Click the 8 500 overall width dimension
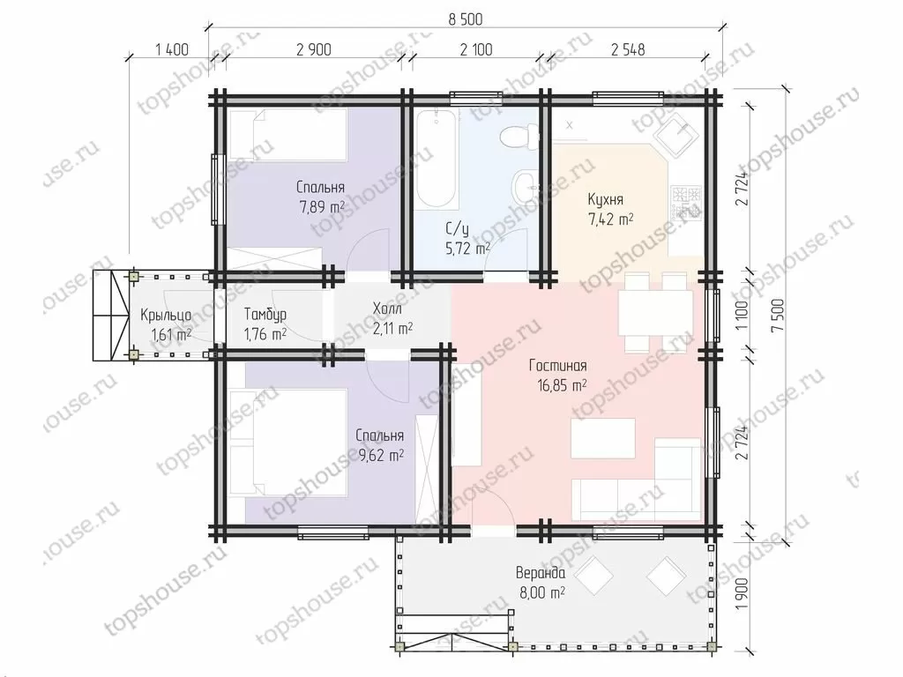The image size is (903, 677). pyautogui.click(x=466, y=19)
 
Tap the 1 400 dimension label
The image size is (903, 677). pyautogui.click(x=172, y=49)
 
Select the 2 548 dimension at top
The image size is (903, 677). pyautogui.click(x=628, y=49)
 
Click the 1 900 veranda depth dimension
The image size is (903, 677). pyautogui.click(x=743, y=595)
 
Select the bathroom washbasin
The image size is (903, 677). pyautogui.click(x=526, y=185)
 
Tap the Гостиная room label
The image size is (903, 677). pyautogui.click(x=557, y=366)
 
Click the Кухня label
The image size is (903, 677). pyautogui.click(x=605, y=200)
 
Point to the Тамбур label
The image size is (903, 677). pyautogui.click(x=265, y=315)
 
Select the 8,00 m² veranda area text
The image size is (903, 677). pyautogui.click(x=541, y=592)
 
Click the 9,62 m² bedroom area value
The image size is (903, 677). pyautogui.click(x=381, y=456)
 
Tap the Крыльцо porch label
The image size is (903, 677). pyautogui.click(x=166, y=316)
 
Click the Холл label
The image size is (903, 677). pyautogui.click(x=388, y=309)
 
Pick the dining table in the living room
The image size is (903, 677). pyautogui.click(x=655, y=313)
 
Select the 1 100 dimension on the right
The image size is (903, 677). pyautogui.click(x=743, y=315)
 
